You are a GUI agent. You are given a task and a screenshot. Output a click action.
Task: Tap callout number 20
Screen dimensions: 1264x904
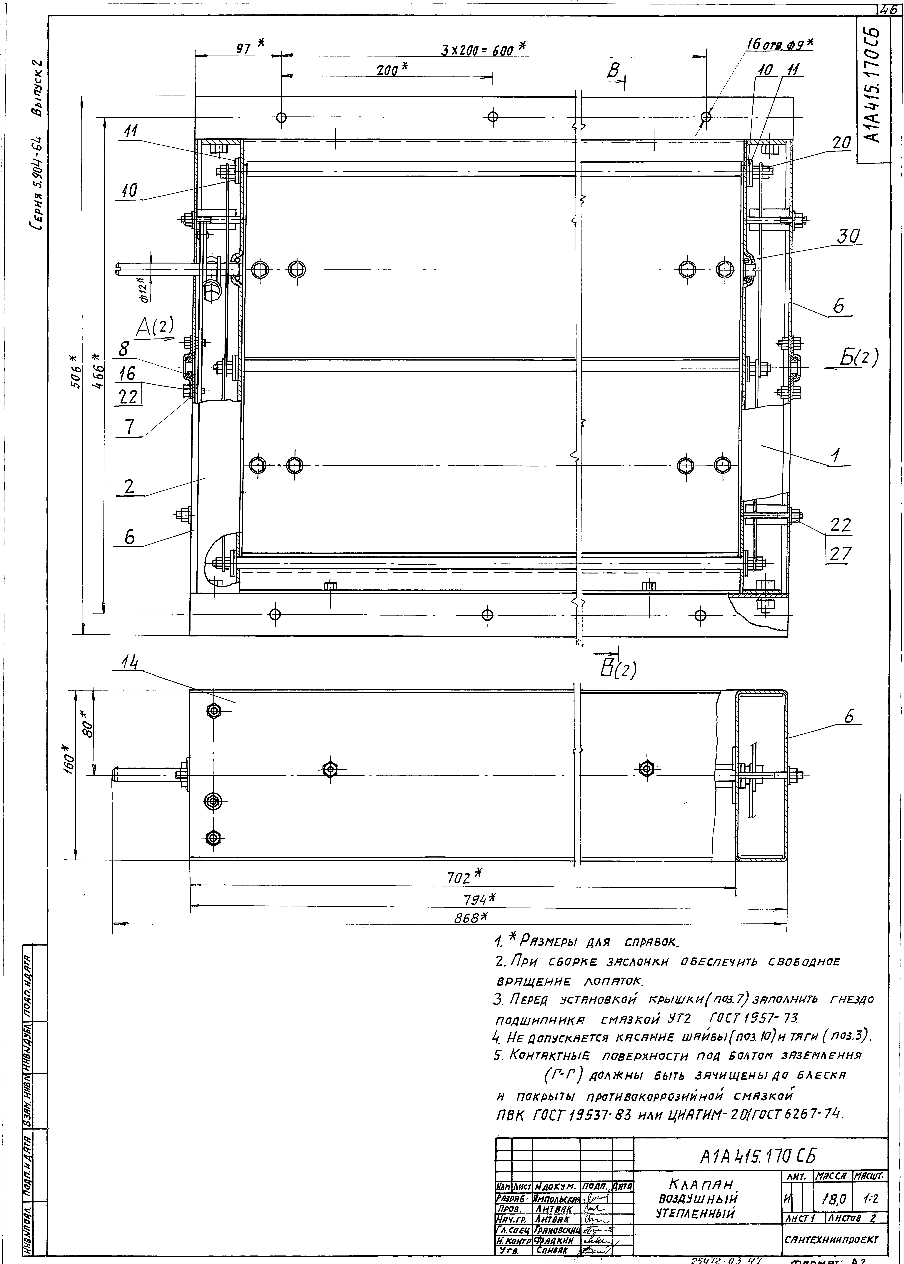tap(842, 143)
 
